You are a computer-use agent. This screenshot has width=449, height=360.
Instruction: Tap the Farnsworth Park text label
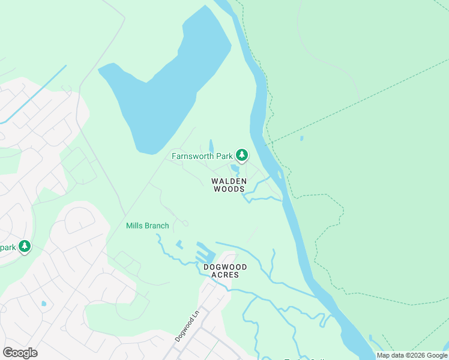202,157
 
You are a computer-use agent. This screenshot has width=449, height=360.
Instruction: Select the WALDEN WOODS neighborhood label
228,185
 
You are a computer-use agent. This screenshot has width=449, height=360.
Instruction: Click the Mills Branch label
147,226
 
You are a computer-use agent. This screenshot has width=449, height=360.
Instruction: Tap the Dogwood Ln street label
186,326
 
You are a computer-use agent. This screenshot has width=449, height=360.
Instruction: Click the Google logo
20,353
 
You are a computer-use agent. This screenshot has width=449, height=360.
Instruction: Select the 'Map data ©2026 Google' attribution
412,355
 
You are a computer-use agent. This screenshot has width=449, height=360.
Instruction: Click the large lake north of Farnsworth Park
162,84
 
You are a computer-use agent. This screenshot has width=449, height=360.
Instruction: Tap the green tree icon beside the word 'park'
25,247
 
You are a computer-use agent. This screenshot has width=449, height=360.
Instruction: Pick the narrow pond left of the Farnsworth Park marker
211,146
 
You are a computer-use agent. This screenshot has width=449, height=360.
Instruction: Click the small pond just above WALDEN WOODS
235,169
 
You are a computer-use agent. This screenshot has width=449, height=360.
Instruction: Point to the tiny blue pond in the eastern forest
301,139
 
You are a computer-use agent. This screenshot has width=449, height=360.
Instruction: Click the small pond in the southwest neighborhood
43,304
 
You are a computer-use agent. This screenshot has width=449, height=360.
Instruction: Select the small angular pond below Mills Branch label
179,244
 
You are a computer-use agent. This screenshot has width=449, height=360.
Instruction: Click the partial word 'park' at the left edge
7,247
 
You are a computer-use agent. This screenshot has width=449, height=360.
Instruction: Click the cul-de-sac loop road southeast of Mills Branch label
185,223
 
